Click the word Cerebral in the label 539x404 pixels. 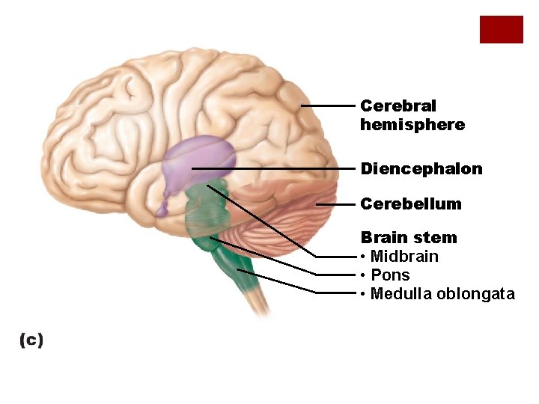click(398, 106)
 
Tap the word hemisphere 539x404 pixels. click(412, 125)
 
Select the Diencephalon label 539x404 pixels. click(421, 169)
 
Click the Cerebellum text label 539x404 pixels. click(411, 203)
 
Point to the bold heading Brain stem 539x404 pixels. click(409, 238)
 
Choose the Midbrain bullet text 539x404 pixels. click(404, 257)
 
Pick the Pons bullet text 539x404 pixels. click(390, 275)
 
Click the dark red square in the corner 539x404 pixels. click(501, 29)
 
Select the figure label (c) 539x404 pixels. click(31, 340)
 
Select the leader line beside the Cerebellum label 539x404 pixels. click(335, 203)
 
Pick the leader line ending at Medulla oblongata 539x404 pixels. click(284, 284)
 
